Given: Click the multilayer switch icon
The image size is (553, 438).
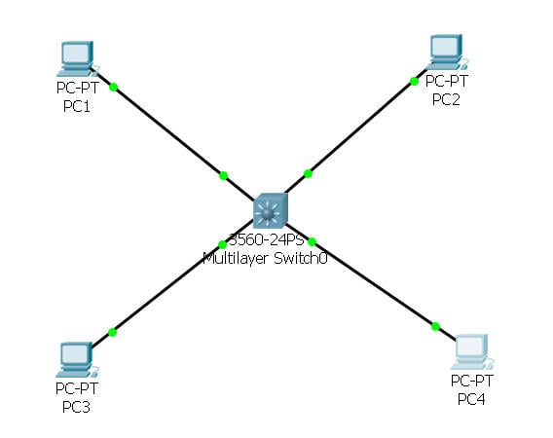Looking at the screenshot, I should click(270, 211).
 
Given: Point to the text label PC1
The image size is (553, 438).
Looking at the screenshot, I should click(76, 106).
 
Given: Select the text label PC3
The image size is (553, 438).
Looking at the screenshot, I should click(74, 407).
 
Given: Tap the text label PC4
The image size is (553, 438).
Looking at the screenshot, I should click(472, 399).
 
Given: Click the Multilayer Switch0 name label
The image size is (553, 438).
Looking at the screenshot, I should click(263, 258).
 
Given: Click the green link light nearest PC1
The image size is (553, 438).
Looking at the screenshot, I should click(114, 87).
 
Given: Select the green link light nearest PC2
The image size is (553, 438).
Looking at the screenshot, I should click(414, 81).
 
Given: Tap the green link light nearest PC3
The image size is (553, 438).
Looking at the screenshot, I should click(113, 332).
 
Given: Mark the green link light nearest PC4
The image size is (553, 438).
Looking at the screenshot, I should click(435, 326).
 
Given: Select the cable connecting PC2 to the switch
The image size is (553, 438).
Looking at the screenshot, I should click(360, 128).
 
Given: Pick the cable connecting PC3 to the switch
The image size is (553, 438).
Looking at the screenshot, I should click(166, 289).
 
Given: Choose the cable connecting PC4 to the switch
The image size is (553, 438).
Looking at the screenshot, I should click(375, 283).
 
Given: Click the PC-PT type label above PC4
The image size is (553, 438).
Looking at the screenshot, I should click(472, 381).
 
